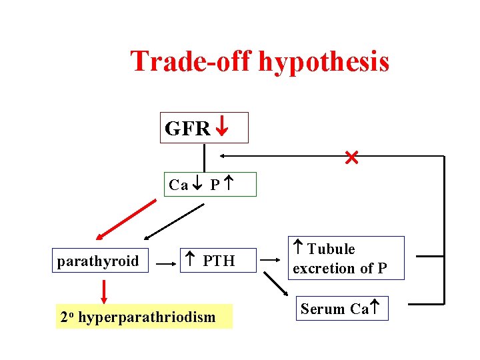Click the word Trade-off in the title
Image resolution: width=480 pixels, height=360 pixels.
coord(191,61)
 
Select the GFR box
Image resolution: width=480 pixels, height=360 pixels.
coord(204,127)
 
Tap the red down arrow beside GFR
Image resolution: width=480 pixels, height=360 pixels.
coord(223,127)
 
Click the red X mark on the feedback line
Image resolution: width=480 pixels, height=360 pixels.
coord(351,158)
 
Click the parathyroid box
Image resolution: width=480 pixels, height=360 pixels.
coord(98,261)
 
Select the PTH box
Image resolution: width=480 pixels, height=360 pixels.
coord(210,261)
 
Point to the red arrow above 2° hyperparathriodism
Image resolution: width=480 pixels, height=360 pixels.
coord(104,291)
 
